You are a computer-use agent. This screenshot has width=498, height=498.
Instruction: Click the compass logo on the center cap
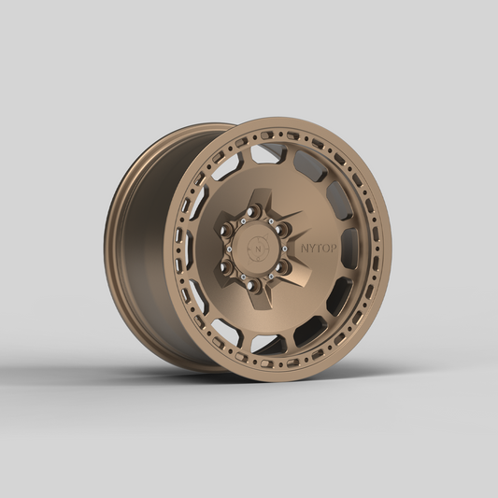254,249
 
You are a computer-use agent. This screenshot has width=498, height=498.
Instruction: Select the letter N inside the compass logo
254,249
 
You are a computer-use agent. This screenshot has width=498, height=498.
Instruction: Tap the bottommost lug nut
252,284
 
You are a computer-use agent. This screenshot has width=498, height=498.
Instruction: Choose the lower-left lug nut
226,268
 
